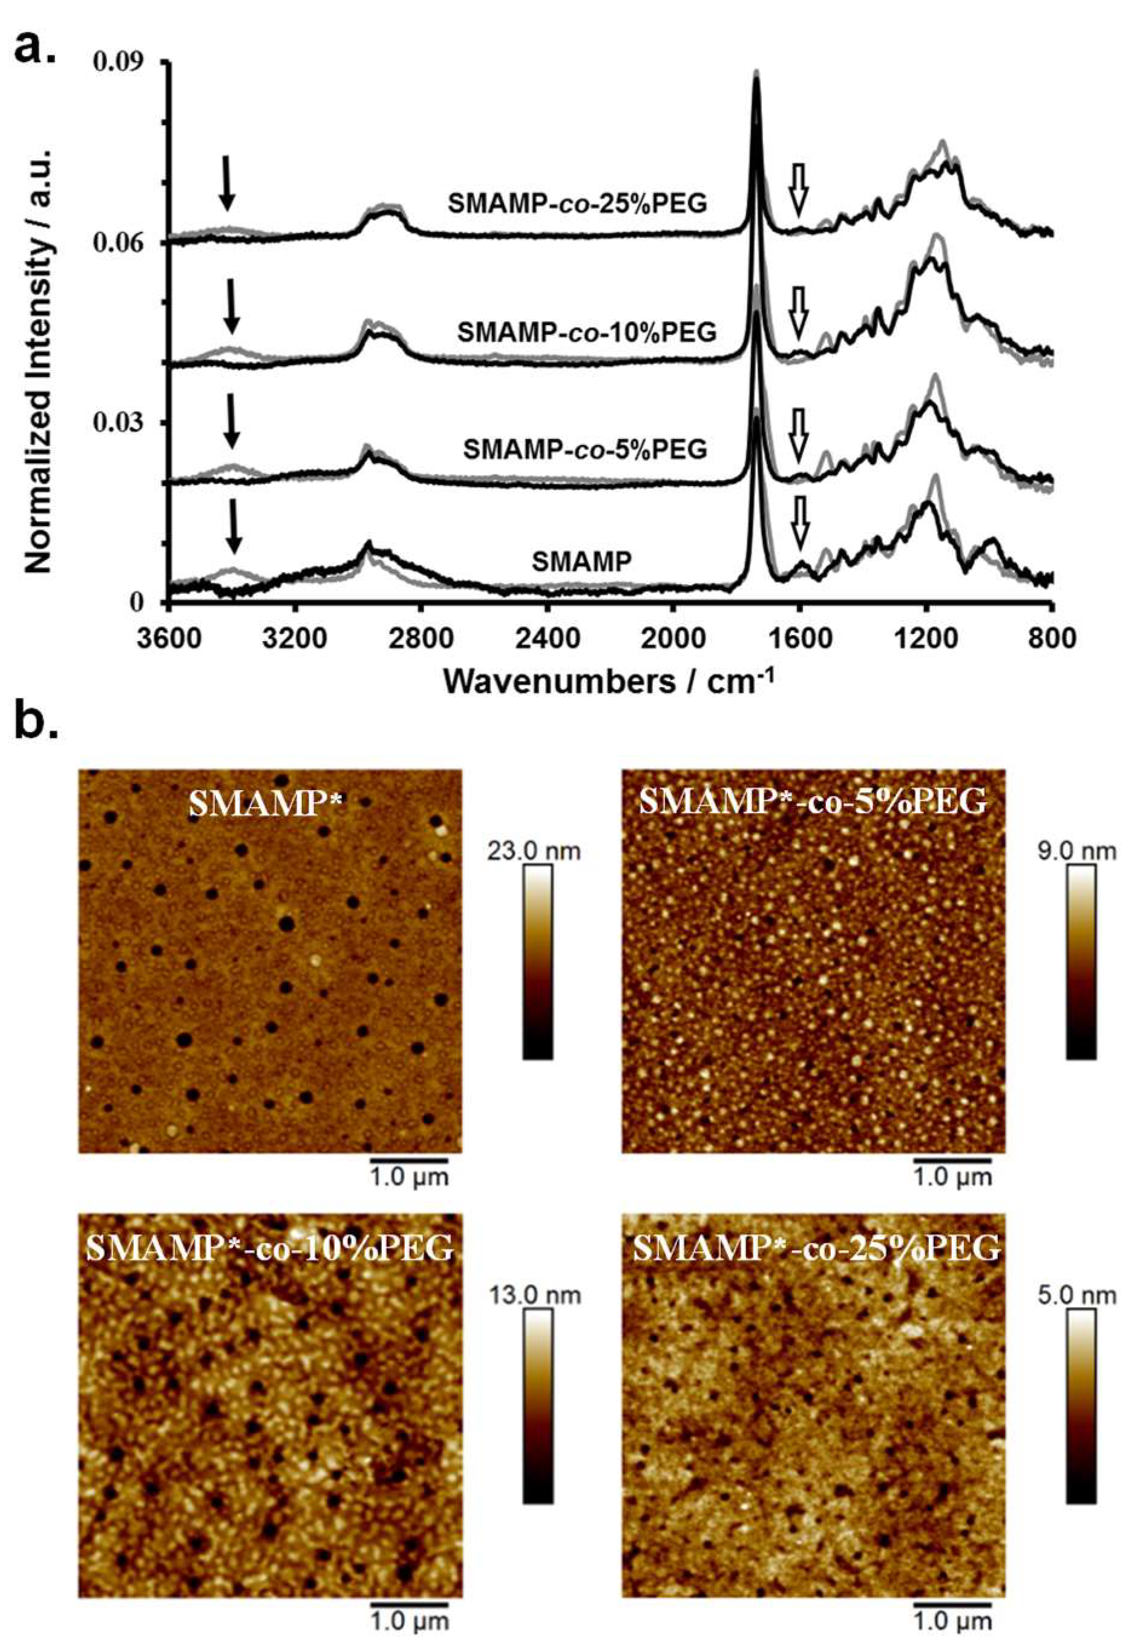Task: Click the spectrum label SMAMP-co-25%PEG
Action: pyautogui.click(x=578, y=205)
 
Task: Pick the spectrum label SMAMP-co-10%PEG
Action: pyautogui.click(x=587, y=332)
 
